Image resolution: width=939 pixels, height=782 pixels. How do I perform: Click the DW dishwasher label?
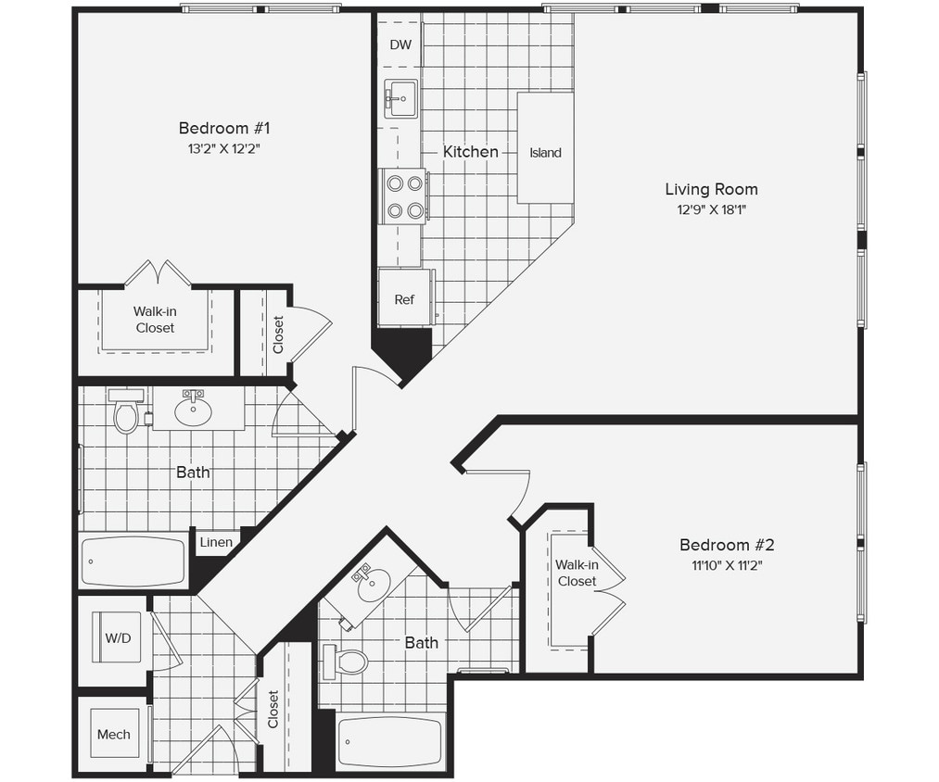click(400, 44)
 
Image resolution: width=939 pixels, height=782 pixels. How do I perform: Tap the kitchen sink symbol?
click(401, 98)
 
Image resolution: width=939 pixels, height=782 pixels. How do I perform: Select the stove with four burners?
click(403, 196)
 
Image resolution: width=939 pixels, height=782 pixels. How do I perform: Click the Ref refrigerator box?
click(405, 298)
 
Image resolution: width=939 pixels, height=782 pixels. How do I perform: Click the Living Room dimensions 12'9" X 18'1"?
click(711, 209)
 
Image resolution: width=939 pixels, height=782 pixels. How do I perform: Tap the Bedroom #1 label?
click(223, 128)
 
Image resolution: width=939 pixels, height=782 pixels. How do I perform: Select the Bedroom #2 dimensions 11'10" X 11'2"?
click(726, 565)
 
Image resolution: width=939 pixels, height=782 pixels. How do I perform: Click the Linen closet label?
click(216, 542)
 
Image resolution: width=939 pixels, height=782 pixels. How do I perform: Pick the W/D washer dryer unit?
click(117, 637)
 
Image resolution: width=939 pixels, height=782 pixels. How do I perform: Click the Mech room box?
click(114, 735)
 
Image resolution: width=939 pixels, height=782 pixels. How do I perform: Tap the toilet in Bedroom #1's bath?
click(125, 413)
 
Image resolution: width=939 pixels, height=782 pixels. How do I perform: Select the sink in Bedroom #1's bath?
click(194, 411)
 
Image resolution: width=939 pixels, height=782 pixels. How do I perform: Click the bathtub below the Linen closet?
click(133, 561)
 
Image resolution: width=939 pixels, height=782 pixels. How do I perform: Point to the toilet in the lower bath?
click(349, 662)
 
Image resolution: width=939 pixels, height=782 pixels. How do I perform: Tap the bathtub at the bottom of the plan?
click(391, 740)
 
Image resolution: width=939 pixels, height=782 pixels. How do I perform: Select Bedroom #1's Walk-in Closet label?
click(155, 320)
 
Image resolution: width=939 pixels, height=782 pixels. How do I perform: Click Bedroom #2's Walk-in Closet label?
click(577, 573)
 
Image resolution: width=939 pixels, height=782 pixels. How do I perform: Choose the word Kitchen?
click(470, 151)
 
